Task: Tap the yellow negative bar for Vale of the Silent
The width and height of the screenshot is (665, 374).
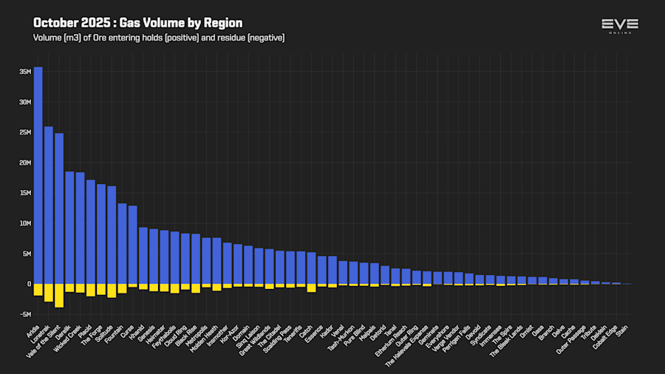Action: pyautogui.click(x=59, y=295)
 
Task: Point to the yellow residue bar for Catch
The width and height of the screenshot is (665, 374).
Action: pyautogui.click(x=311, y=288)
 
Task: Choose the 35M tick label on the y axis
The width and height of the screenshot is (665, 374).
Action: pyautogui.click(x=25, y=72)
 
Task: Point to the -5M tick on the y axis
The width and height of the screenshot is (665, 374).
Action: pyautogui.click(x=25, y=314)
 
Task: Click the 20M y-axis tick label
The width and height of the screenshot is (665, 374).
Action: pyautogui.click(x=25, y=163)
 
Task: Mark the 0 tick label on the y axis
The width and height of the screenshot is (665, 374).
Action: pyautogui.click(x=28, y=284)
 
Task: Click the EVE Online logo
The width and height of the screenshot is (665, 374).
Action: pyautogui.click(x=619, y=26)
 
